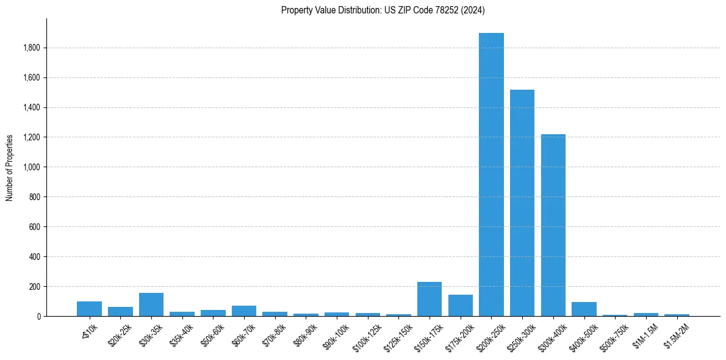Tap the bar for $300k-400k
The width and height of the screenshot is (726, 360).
click(x=553, y=225)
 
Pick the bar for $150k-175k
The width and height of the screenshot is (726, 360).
click(x=429, y=299)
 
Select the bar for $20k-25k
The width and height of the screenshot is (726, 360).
click(x=120, y=312)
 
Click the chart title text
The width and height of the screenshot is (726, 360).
click(x=383, y=10)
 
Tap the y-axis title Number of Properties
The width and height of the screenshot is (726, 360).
click(x=10, y=167)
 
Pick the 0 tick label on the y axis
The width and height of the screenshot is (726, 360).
click(x=39, y=317)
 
